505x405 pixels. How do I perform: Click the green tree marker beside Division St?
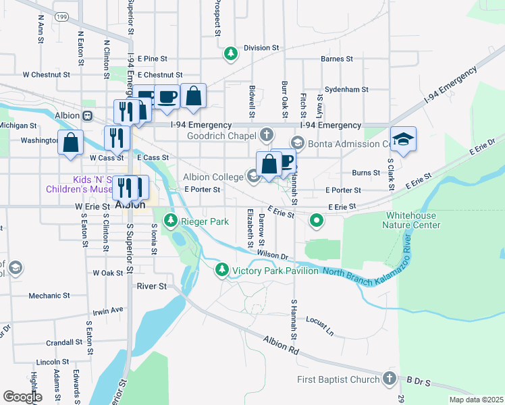(x=231, y=53)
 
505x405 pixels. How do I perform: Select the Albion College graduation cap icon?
(x=253, y=177)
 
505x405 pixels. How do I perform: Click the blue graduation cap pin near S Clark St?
(x=403, y=140)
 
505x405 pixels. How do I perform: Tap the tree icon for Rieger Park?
(x=171, y=221)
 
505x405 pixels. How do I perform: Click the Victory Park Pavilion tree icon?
(x=221, y=271)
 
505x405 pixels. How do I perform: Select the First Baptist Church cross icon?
(x=390, y=379)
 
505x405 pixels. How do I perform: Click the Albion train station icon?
(x=87, y=115)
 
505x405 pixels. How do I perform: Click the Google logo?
(x=22, y=396)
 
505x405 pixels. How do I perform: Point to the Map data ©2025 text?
(x=476, y=400)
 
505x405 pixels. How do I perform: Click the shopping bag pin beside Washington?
(x=70, y=142)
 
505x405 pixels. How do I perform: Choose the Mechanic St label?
(x=49, y=296)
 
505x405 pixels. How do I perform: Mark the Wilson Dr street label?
(x=273, y=254)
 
